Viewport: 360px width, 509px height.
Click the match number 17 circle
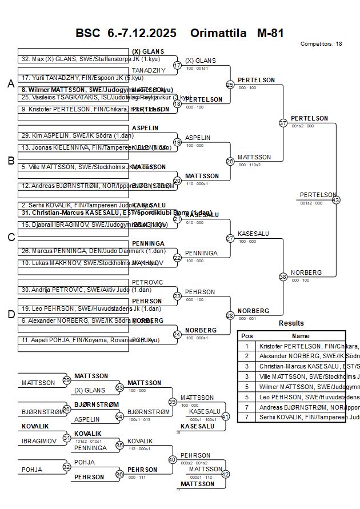[177, 65]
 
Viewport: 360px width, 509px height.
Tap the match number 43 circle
[335, 200]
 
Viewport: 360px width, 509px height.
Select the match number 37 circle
[283, 123]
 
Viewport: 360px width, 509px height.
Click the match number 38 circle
[283, 276]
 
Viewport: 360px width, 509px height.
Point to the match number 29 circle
[67, 380]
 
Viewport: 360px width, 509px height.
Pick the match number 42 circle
[225, 474]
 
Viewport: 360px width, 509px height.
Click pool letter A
[10, 84]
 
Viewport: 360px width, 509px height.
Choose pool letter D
[10, 314]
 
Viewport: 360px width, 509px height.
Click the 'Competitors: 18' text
[321, 43]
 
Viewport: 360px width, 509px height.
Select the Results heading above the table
[291, 323]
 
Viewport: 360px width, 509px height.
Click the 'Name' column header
[301, 336]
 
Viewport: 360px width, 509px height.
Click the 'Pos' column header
[247, 336]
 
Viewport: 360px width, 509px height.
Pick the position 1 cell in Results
[247, 346]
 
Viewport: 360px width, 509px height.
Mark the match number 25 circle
[230, 85]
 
